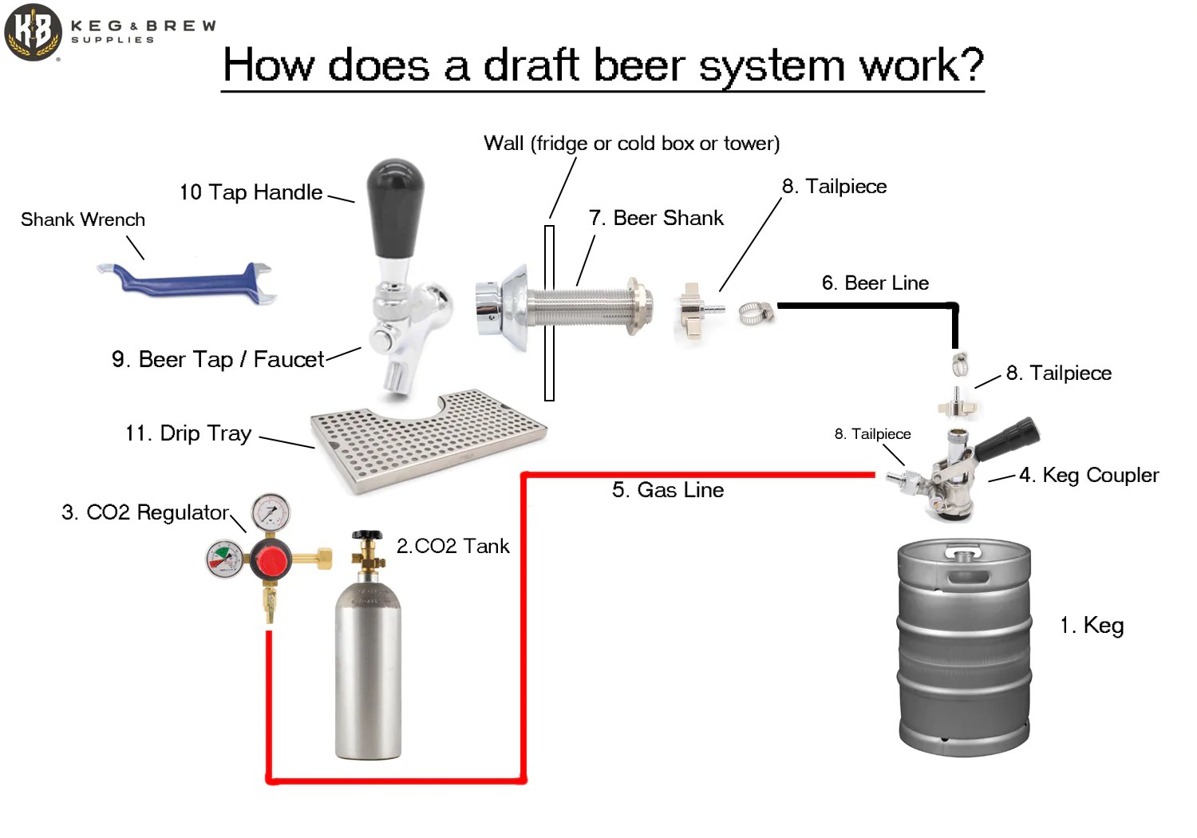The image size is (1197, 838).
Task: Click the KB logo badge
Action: pos(33,32)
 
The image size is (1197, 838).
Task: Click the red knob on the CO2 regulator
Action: pos(271,559)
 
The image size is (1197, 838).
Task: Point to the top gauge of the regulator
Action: pos(271,512)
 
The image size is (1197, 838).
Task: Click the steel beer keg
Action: pos(964,646)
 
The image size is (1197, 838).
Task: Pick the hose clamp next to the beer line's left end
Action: pos(754,312)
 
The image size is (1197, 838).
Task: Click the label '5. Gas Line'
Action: pos(668,490)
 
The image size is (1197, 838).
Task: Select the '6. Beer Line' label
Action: pos(875,283)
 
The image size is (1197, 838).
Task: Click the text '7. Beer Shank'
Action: pos(656,218)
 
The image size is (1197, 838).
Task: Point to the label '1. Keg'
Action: pos(1091,625)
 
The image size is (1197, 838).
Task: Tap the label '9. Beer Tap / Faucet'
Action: pos(218,359)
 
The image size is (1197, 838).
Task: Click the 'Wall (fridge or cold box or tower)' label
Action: pos(631,144)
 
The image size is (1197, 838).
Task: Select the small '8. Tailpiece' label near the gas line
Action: pos(872,434)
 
